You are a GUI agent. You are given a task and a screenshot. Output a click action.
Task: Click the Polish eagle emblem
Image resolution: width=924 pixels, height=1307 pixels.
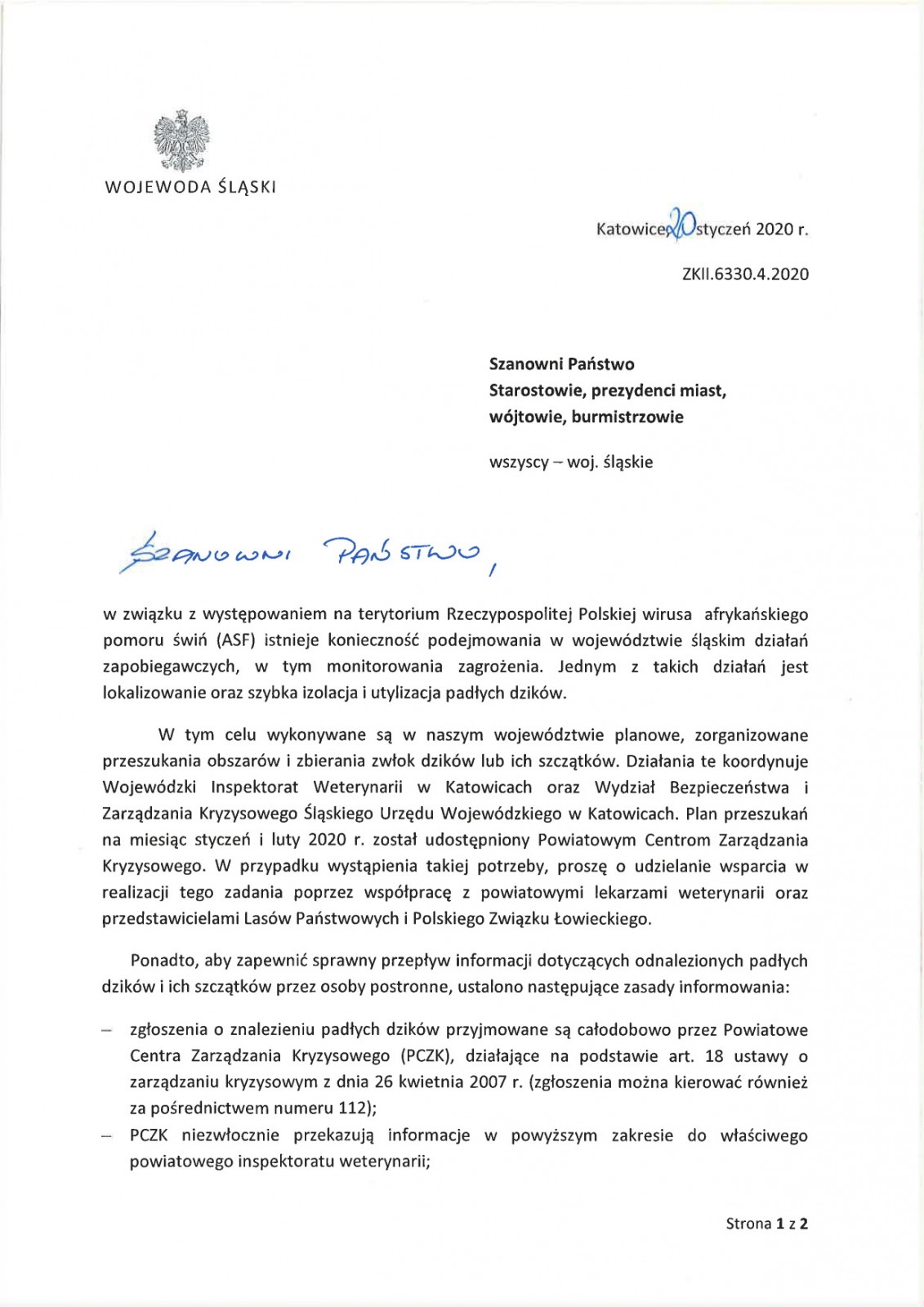pos(182,140)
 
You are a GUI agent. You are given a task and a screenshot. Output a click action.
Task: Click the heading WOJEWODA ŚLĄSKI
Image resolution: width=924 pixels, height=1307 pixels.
pos(190,187)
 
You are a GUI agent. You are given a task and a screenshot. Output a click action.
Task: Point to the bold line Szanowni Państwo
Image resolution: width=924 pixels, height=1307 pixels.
pos(561,364)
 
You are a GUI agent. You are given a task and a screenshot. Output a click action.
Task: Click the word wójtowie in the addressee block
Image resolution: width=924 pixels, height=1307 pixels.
pos(526,417)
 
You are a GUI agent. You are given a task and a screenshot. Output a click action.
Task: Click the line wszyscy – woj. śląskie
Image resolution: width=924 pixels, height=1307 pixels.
pos(570,462)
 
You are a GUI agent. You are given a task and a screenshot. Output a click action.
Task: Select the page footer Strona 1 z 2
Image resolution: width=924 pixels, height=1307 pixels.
pos(766,1223)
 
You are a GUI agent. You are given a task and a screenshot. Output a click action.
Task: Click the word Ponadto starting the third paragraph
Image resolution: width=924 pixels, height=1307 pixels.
pos(159,961)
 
